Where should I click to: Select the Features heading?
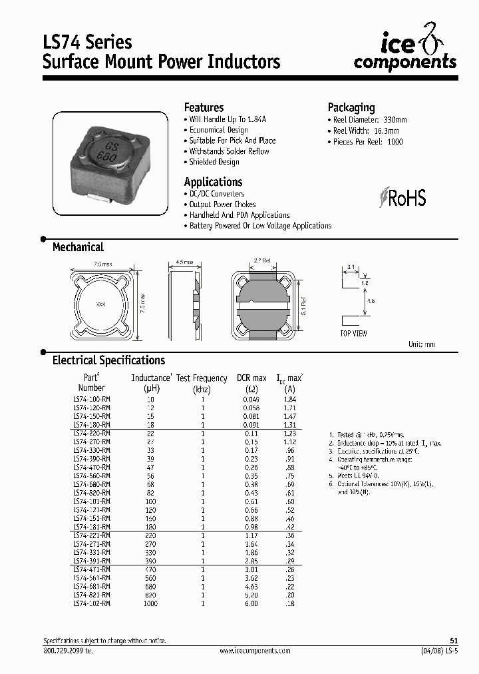204,108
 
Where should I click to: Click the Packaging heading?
351,108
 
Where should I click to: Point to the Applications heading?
213,182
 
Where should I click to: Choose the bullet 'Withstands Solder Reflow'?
229,151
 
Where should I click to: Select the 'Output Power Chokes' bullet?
222,204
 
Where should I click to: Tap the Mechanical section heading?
78,247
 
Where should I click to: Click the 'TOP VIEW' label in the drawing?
353,334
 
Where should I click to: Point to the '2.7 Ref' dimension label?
263,260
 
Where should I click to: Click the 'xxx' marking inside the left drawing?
101,304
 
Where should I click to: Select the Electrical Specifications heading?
108,360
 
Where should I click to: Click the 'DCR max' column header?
251,378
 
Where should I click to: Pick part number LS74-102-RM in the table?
91,603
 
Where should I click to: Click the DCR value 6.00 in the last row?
251,603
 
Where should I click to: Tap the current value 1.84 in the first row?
289,399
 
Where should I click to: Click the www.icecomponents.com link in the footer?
252,651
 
